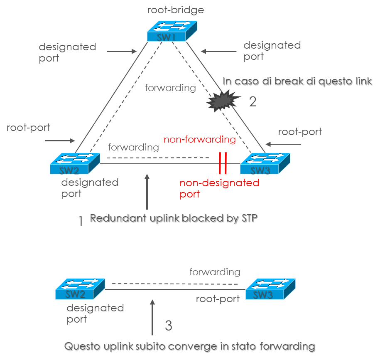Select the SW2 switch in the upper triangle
[x=75, y=163]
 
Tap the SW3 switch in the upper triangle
[x=265, y=163]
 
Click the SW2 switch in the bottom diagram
[x=80, y=289]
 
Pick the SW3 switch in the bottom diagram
[x=270, y=289]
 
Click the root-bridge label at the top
[x=176, y=10]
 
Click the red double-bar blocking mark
[x=223, y=163]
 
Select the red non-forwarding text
[x=199, y=140]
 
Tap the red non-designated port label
[x=219, y=188]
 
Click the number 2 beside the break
[x=253, y=102]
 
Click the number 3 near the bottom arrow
[x=168, y=325]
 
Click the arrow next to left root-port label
[x=61, y=141]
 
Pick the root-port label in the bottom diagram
[x=218, y=298]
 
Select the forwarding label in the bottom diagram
[x=215, y=272]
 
